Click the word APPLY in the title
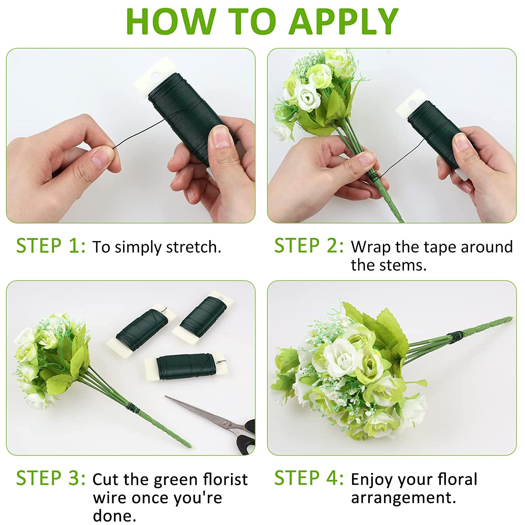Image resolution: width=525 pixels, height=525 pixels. [x=344, y=21]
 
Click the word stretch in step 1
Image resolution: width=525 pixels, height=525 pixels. [x=194, y=247]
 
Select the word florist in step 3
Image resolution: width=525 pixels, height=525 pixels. [x=225, y=479]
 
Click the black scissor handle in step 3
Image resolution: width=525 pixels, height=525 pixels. [x=246, y=437]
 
